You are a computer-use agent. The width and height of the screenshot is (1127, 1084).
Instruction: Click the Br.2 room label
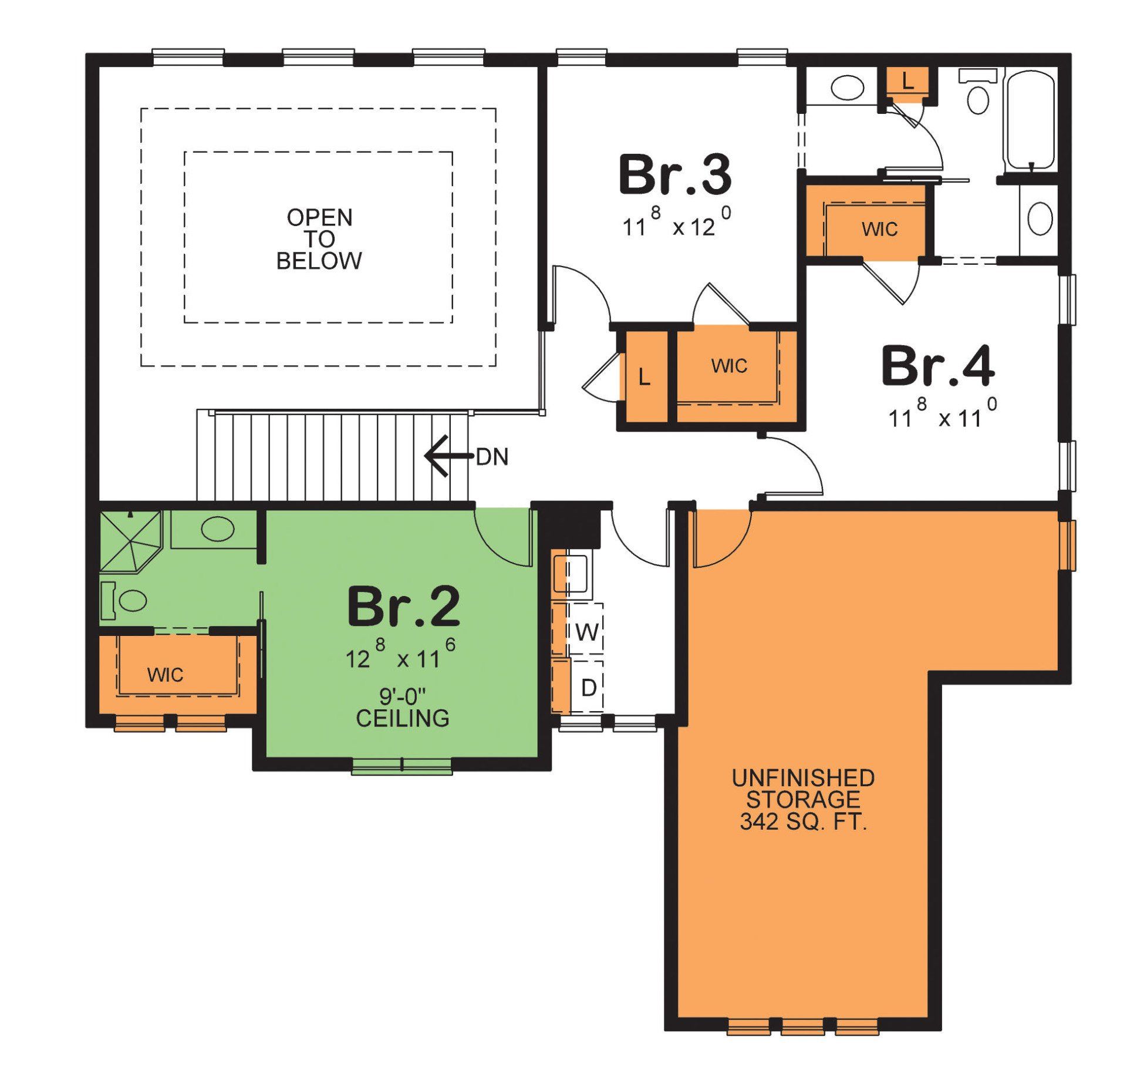pyautogui.click(x=403, y=607)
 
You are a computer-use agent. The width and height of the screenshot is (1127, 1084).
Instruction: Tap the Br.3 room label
pyautogui.click(x=675, y=174)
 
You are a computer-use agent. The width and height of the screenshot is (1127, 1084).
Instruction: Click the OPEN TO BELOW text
pyautogui.click(x=319, y=239)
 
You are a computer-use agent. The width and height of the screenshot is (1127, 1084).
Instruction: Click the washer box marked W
pyautogui.click(x=586, y=632)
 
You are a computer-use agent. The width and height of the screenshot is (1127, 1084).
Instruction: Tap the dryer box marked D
pyautogui.click(x=588, y=687)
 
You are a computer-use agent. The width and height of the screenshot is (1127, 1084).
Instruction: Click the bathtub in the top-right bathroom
pyautogui.click(x=1030, y=120)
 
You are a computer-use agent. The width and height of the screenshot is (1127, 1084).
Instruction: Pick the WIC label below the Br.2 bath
pyautogui.click(x=166, y=675)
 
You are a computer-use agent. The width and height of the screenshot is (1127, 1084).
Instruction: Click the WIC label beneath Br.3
pyautogui.click(x=729, y=366)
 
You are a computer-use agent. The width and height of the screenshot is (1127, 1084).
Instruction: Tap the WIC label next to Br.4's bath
pyautogui.click(x=879, y=229)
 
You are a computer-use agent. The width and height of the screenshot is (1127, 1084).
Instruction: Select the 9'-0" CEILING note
pyautogui.click(x=403, y=708)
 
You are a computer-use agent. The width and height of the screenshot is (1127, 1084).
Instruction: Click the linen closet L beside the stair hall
pyautogui.click(x=644, y=377)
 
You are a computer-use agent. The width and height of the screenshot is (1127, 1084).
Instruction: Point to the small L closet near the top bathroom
pyautogui.click(x=907, y=82)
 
